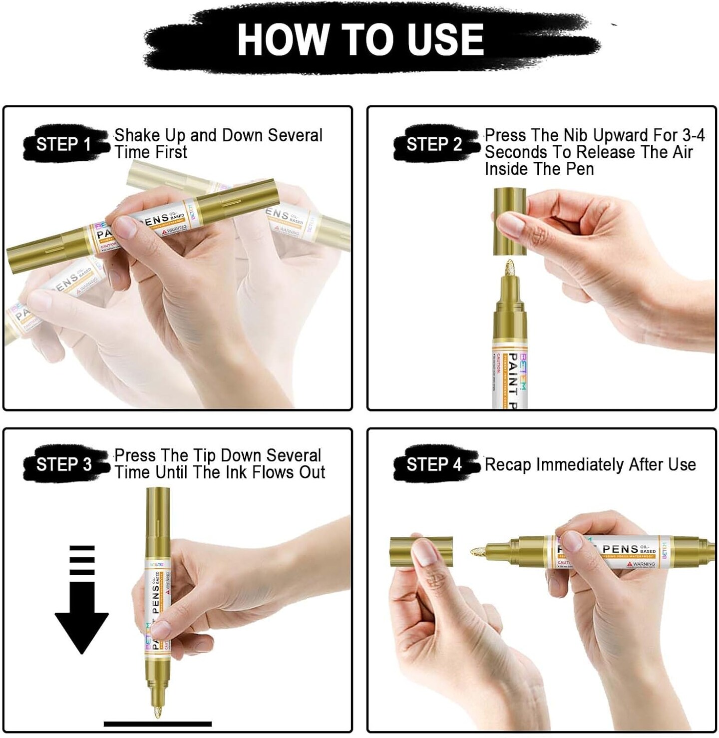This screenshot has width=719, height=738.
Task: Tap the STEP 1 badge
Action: point(63,144)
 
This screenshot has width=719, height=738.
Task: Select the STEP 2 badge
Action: point(434,144)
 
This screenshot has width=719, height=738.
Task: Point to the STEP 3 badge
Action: point(64,464)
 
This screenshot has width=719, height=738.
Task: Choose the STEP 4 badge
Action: point(434,464)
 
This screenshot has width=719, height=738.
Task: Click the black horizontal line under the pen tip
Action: point(157,724)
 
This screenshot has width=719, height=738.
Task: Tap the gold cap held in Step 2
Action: point(509,221)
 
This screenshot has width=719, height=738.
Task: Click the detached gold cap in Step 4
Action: point(421,551)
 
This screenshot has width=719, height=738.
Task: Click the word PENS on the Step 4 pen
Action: point(620,549)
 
